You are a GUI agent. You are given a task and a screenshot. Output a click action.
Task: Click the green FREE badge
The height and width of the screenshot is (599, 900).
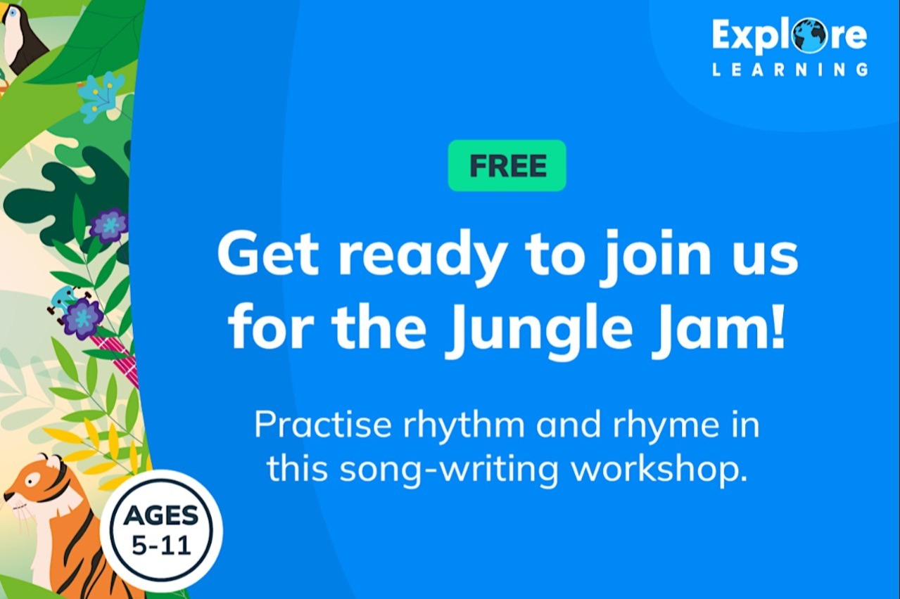[x=507, y=165]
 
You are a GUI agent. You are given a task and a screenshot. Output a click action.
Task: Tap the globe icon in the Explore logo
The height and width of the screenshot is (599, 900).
[x=809, y=35]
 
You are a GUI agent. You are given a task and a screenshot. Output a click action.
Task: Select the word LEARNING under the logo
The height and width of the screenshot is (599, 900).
[x=790, y=70]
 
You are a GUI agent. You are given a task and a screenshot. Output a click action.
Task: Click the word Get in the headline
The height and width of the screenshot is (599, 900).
[x=267, y=253]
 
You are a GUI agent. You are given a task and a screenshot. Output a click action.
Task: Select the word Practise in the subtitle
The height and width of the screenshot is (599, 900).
[x=322, y=425]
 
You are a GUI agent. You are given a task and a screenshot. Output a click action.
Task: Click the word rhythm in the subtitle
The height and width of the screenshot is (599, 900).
[x=464, y=426]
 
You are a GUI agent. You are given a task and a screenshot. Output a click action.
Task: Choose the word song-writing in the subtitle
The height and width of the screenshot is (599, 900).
[x=449, y=470]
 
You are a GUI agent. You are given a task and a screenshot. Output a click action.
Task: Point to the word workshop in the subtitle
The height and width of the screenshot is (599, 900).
[x=659, y=469]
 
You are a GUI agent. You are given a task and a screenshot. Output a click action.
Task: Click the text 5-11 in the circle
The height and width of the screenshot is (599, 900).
[x=162, y=546]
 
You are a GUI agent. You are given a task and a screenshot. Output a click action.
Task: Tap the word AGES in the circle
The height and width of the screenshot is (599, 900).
[x=161, y=515]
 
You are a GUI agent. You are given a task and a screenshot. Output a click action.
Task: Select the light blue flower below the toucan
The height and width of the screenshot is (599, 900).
[x=101, y=96]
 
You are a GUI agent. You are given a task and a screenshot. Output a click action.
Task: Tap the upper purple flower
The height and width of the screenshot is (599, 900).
[x=109, y=226]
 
